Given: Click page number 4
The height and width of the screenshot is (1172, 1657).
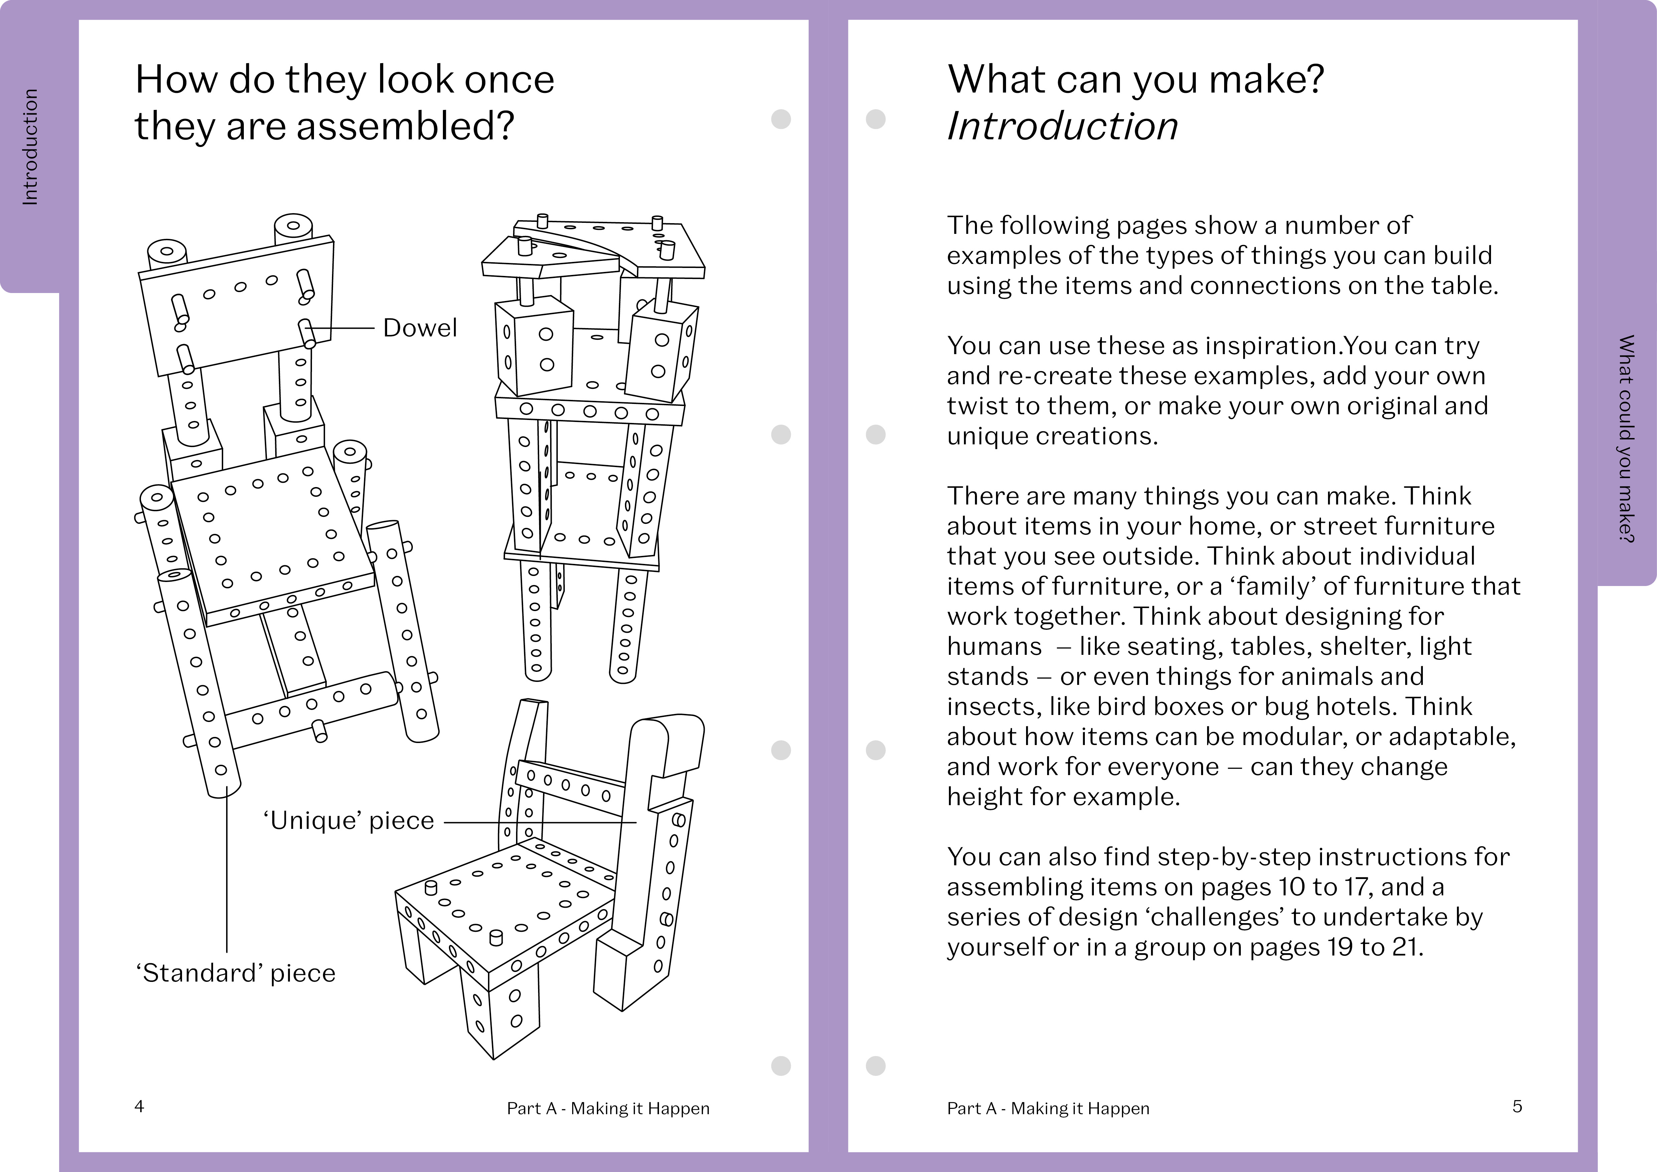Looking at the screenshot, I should (x=139, y=1106).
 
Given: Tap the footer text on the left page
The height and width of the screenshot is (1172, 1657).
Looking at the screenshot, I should (x=608, y=1109).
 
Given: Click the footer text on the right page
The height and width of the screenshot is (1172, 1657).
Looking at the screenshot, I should (x=1048, y=1109).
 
